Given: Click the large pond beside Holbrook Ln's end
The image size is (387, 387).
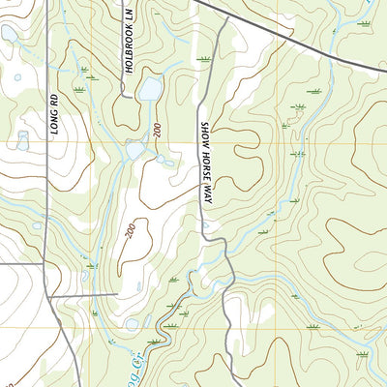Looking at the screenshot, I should [150, 90].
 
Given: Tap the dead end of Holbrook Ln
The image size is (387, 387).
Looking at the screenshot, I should [126, 96].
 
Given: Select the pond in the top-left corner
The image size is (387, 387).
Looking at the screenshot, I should [9, 34].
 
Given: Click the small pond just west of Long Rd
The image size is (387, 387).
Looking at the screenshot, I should [22, 140].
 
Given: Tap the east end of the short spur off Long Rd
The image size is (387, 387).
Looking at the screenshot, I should [118, 293].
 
